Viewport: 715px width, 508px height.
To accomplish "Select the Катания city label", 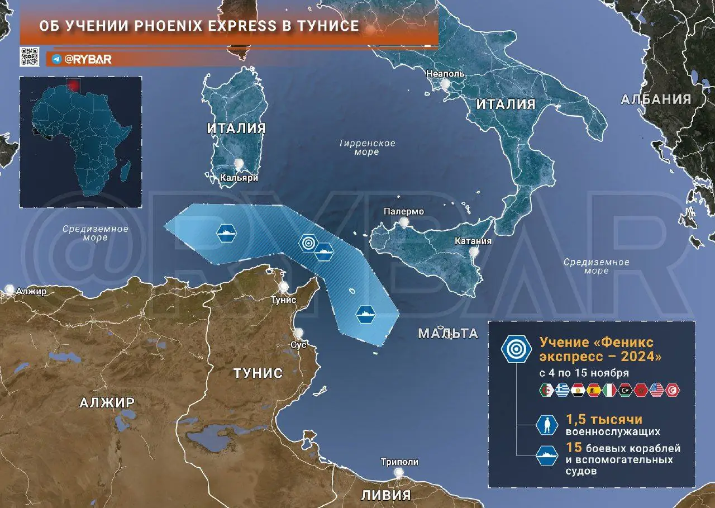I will pyautogui.click(x=473, y=241).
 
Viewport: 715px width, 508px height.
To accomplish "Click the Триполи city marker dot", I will pyautogui.click(x=398, y=473).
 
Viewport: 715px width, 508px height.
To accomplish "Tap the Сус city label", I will pyautogui.click(x=298, y=345).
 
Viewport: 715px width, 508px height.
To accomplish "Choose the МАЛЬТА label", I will pyautogui.click(x=448, y=334).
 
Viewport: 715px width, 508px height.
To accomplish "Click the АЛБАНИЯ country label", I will pyautogui.click(x=656, y=99).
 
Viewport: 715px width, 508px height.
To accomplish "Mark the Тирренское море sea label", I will pyautogui.click(x=366, y=148).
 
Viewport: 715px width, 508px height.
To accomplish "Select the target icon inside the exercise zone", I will pyautogui.click(x=308, y=243).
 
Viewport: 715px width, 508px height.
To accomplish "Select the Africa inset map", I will pyautogui.click(x=80, y=143).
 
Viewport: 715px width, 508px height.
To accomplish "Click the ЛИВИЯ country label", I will pyautogui.click(x=385, y=495).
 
